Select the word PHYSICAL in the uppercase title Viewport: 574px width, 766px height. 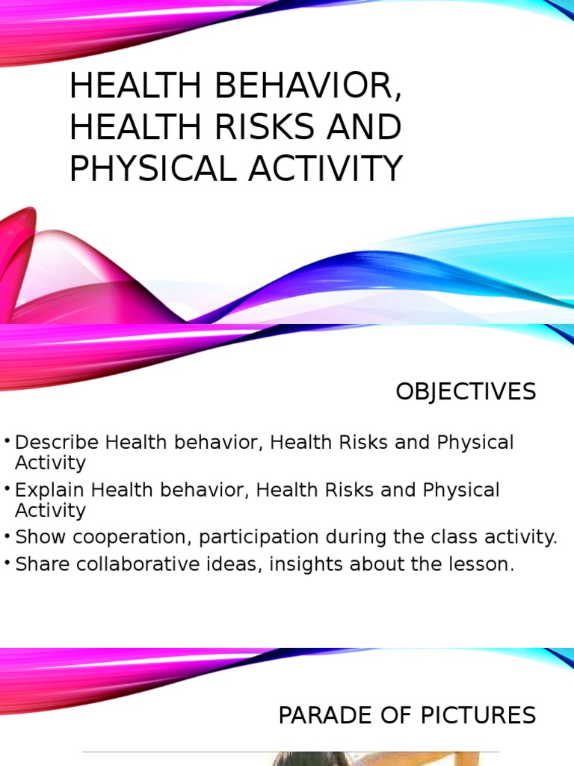pos(155,168)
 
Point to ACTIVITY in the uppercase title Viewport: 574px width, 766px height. pos(327,168)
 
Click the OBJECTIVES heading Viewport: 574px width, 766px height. pos(466,391)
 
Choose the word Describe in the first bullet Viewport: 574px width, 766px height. pos(58,442)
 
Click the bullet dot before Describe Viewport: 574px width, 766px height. pos(7,441)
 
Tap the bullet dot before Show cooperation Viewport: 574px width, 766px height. pos(7,536)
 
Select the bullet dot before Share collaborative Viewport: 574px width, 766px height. pos(7,563)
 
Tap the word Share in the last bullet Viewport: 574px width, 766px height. pos(38,564)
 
